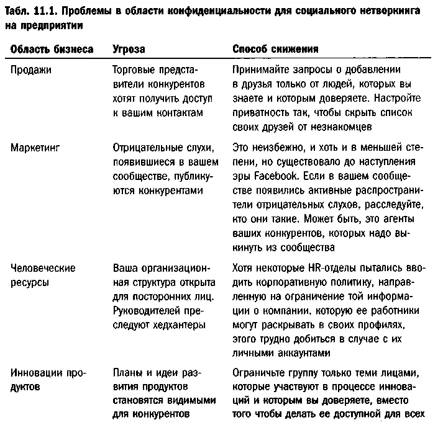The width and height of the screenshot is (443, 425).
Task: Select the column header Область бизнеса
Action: [52, 48]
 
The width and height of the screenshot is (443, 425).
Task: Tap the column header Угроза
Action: [129, 48]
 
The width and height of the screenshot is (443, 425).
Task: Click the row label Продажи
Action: [31, 70]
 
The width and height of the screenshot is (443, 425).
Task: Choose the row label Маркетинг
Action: [35, 148]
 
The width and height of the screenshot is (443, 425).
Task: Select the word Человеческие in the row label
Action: [43, 269]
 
